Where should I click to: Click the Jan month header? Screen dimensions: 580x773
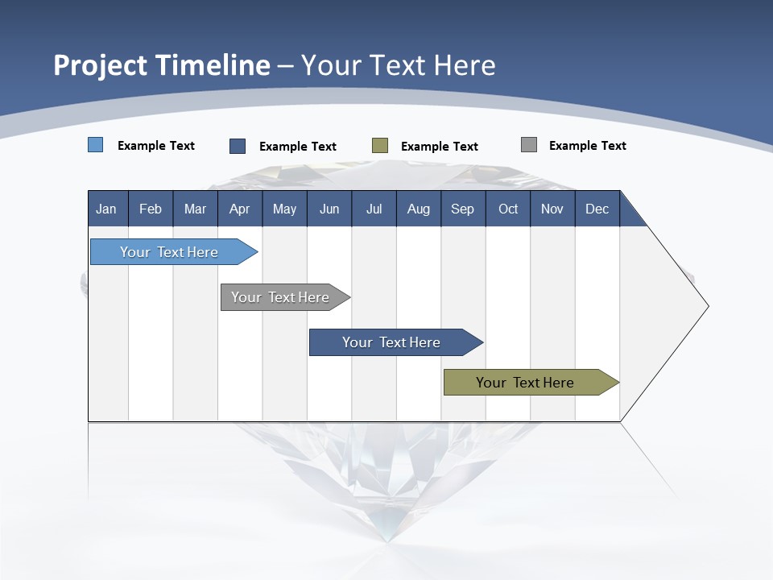[x=107, y=209]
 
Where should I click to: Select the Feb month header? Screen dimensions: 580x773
[x=151, y=209]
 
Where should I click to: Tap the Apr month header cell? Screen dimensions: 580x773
[x=240, y=209]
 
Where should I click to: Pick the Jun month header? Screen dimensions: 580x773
[x=329, y=209]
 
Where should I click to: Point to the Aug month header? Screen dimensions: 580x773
[x=419, y=209]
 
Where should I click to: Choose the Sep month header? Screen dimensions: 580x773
[x=463, y=209]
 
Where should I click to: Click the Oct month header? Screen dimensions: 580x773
[x=508, y=209]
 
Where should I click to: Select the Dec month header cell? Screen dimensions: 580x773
[x=597, y=209]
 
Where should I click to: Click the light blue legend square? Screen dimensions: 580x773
[x=96, y=145]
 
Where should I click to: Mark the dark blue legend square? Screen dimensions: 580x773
[x=238, y=146]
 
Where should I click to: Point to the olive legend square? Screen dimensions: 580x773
[x=380, y=146]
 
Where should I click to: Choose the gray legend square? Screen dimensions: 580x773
[x=529, y=145]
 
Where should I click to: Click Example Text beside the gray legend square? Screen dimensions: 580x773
[x=587, y=146]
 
